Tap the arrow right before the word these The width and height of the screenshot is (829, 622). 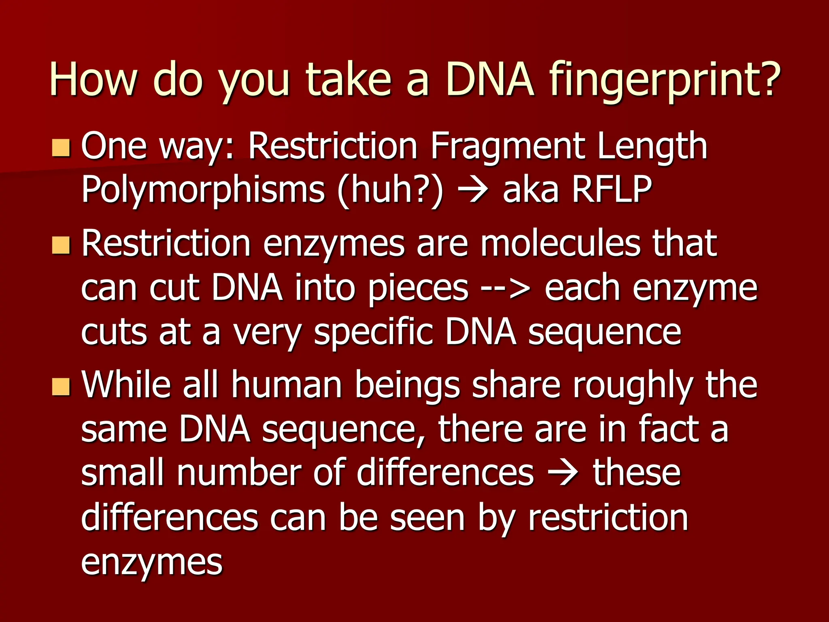563,474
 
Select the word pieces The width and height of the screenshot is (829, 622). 418,290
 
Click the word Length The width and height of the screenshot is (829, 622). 652,147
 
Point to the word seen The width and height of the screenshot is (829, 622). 427,518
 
